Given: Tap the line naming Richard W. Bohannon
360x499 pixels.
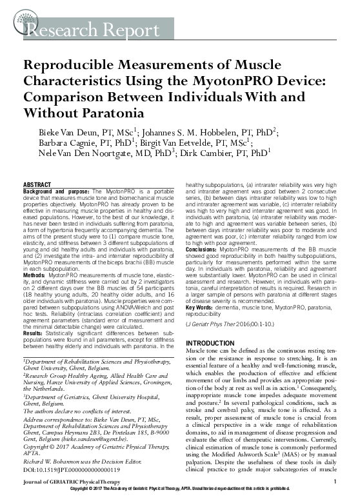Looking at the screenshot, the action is click(x=80, y=445).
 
